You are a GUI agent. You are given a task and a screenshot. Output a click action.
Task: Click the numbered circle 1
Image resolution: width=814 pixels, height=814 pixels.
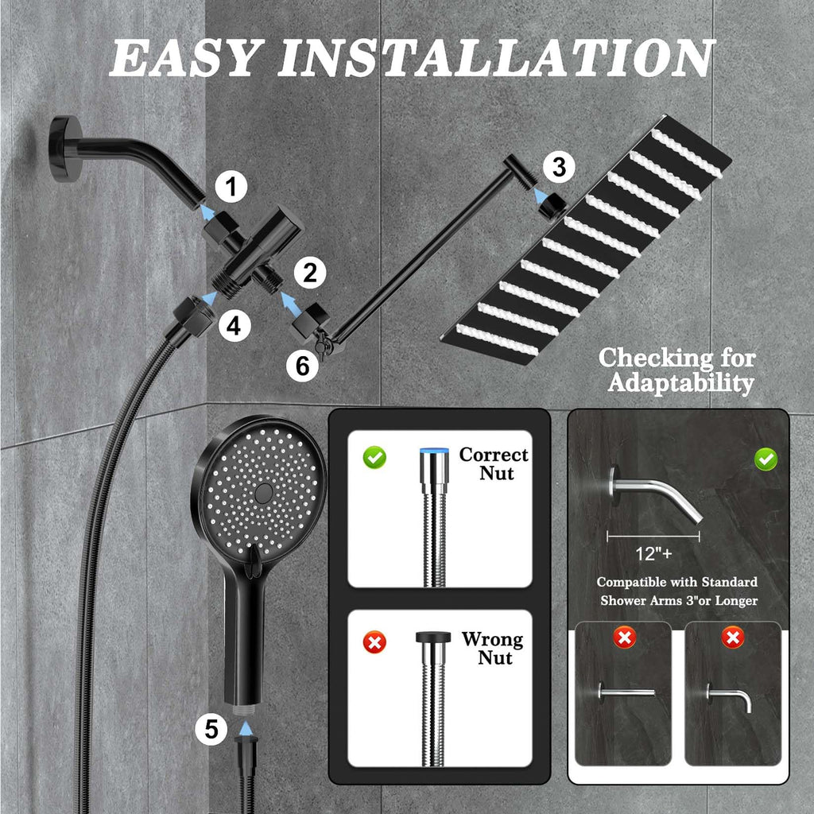coord(231,187)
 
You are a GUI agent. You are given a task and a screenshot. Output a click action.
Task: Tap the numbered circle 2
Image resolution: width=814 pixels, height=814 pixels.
coord(310,273)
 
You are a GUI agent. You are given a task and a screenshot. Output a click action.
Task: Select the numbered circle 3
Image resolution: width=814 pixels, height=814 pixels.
coord(559,167)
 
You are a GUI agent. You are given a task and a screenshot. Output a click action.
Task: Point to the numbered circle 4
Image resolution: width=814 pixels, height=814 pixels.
coord(235,326)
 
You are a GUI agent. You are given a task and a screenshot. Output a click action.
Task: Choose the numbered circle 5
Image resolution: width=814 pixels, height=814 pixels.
coord(211,729)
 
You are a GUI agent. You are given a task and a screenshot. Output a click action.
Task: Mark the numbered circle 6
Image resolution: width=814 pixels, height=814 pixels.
coord(303,366)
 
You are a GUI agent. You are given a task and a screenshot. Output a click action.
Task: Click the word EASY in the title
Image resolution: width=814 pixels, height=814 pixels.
coord(184,57)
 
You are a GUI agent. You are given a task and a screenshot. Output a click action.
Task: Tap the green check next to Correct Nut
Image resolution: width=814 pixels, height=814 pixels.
coord(374,457)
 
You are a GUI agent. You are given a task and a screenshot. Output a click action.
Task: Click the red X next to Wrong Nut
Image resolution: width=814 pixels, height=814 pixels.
coord(374,642)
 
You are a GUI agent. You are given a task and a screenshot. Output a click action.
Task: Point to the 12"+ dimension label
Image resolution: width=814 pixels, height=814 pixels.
coord(653,553)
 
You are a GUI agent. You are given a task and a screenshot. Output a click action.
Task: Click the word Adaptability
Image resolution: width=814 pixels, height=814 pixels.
coord(680,383)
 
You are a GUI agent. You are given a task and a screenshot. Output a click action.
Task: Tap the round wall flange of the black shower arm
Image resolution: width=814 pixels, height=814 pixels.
coord(65,149)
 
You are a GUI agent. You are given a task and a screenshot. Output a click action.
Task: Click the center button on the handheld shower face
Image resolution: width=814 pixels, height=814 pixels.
coord(264,491)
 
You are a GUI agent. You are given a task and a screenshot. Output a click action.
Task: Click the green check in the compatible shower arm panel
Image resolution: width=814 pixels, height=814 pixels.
coord(766,459)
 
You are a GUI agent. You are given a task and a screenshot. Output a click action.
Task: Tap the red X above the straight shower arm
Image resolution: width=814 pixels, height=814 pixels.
coord(625,637)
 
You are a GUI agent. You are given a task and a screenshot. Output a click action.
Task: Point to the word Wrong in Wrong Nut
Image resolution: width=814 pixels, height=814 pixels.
coord(492,639)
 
